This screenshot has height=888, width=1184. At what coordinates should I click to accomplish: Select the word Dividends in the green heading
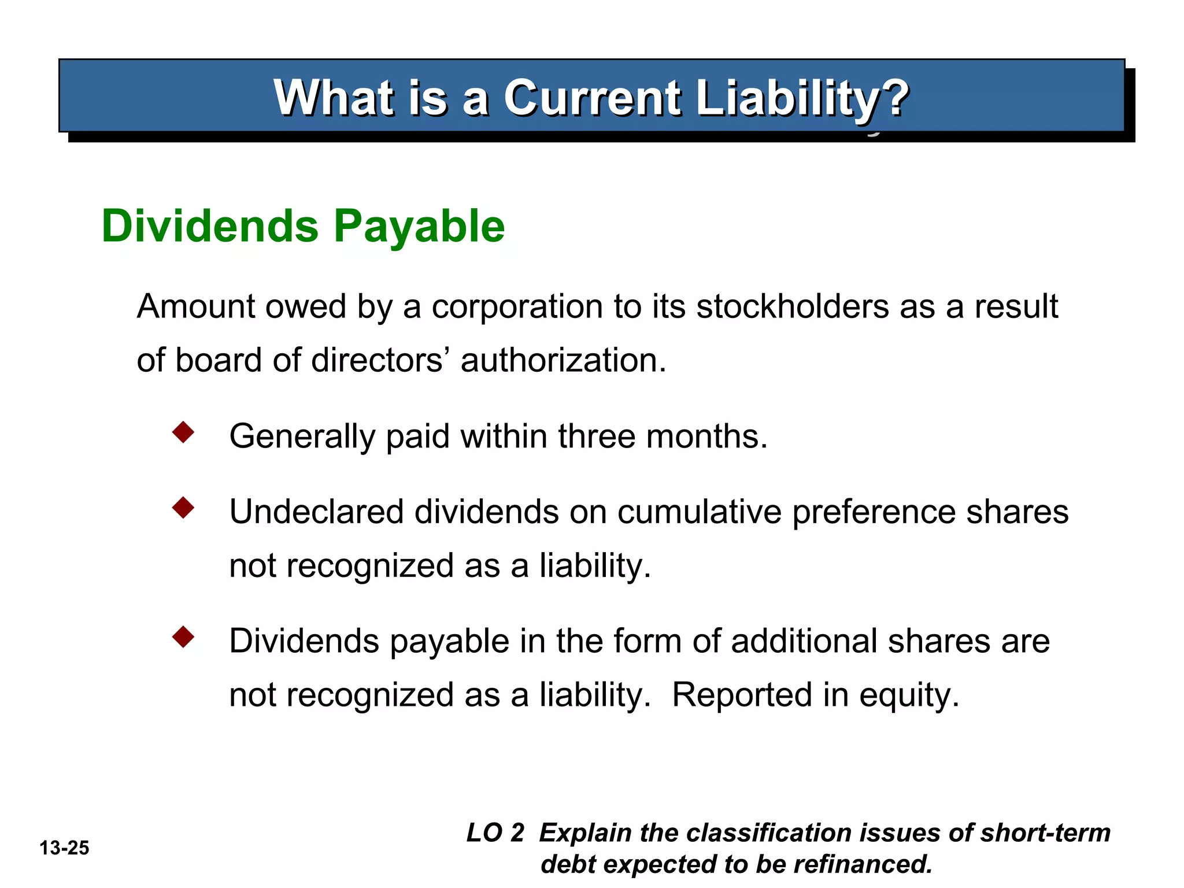point(210,226)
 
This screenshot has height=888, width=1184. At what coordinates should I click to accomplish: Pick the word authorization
point(563,360)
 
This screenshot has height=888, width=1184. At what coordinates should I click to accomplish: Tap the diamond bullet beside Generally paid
point(183,432)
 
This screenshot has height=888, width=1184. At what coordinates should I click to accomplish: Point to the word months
point(706,436)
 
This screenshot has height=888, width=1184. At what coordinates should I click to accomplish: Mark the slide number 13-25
point(64,848)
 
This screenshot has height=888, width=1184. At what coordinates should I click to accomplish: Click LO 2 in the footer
point(495,833)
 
